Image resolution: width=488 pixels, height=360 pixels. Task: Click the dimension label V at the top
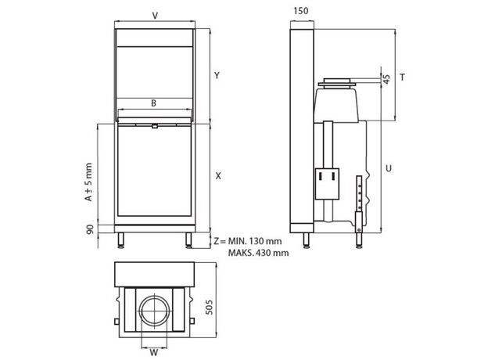click(155, 15)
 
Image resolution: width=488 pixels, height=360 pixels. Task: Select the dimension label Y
click(217, 75)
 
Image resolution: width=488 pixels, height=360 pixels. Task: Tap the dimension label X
click(218, 176)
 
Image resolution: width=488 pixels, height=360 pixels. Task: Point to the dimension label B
click(154, 103)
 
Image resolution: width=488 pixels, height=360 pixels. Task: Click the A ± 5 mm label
click(88, 182)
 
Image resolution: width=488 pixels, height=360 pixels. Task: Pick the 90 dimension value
click(90, 229)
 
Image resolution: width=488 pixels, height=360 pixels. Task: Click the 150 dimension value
click(301, 11)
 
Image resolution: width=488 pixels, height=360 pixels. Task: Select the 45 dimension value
click(386, 79)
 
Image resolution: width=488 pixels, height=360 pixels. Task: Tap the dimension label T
click(403, 77)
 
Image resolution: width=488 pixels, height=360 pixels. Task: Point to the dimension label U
click(389, 168)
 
